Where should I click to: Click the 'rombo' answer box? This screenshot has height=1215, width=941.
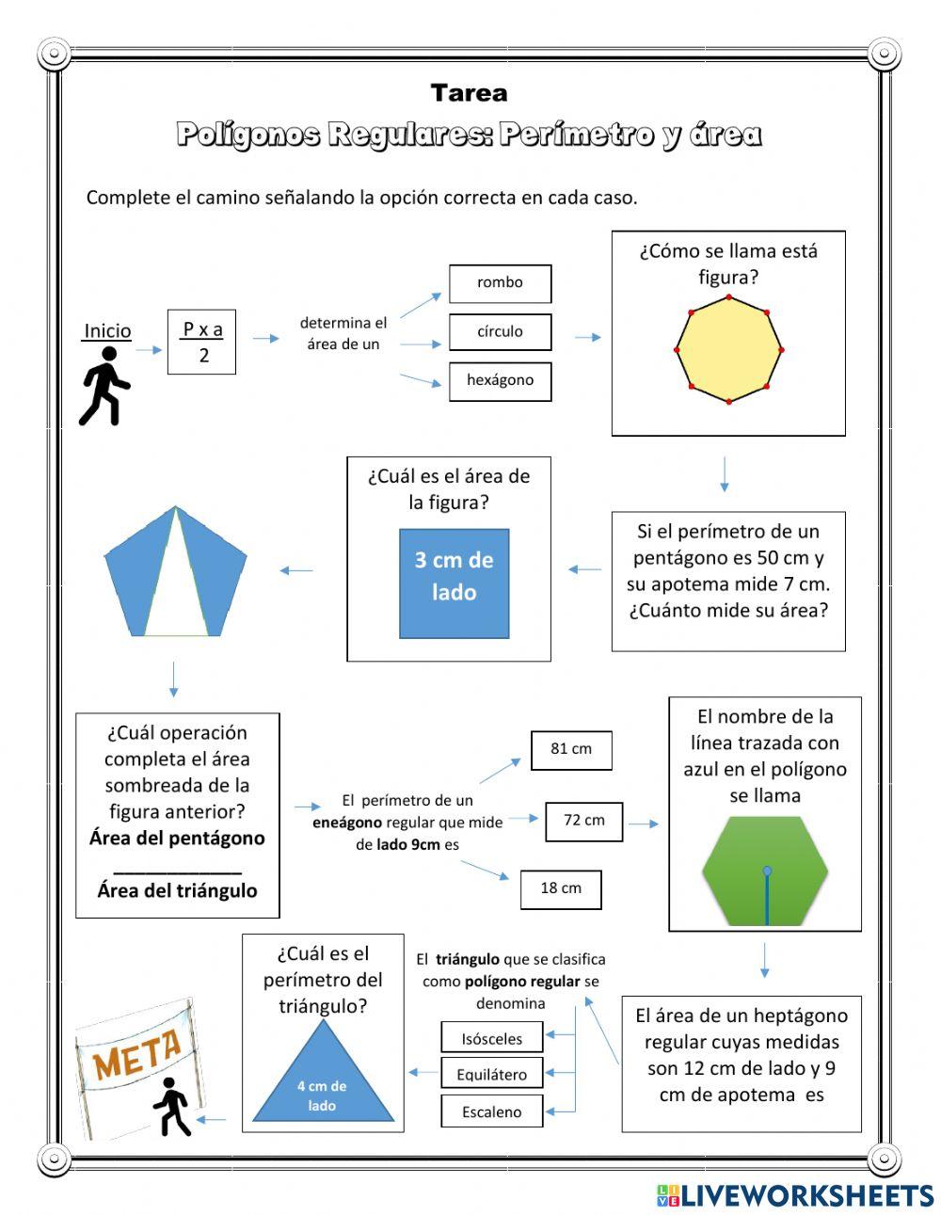(500, 283)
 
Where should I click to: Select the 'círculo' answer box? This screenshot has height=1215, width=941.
(500, 332)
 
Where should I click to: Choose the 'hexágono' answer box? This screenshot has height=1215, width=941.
(500, 381)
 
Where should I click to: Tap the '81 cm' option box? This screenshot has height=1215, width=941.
(571, 749)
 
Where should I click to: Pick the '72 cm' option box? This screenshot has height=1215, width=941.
(583, 821)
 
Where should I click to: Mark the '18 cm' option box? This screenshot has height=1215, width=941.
(561, 888)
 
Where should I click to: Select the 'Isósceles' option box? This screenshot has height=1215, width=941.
(492, 1039)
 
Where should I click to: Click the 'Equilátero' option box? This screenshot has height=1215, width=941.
(492, 1075)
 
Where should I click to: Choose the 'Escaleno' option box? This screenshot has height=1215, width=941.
(492, 1111)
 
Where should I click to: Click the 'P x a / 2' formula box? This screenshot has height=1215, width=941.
(202, 343)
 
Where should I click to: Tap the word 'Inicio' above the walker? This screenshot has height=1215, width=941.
(107, 331)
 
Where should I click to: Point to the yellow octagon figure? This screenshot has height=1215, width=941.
(729, 350)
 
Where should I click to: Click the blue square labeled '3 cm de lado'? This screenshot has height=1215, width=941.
(455, 584)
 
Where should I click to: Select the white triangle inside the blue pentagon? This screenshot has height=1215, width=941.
(176, 593)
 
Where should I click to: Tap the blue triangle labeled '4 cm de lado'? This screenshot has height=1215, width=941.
(323, 1082)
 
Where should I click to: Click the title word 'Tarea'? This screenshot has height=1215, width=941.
(469, 93)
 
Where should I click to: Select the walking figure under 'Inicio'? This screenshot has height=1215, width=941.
(105, 386)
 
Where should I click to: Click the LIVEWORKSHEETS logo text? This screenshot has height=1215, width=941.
(805, 1195)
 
